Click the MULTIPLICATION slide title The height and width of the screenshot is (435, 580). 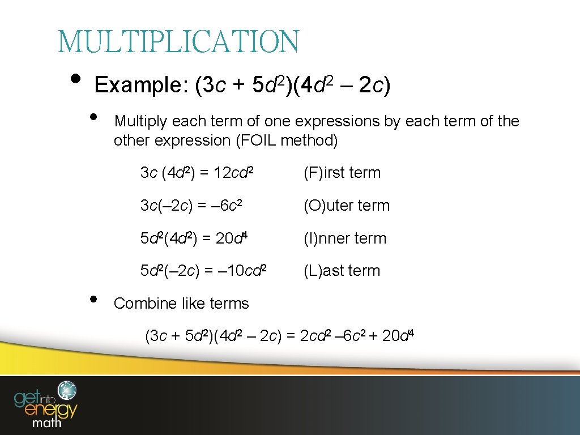pyautogui.click(x=178, y=42)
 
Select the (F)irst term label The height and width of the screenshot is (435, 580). pyautogui.click(x=342, y=173)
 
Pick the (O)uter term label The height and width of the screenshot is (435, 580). pyautogui.click(x=347, y=206)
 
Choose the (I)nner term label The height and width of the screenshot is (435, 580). pyautogui.click(x=345, y=238)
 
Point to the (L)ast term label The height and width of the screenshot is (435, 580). pyautogui.click(x=342, y=271)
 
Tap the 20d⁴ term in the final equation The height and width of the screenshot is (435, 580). pyautogui.click(x=399, y=336)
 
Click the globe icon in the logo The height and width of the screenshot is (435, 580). pyautogui.click(x=70, y=390)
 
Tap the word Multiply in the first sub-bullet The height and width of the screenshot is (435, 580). pyautogui.click(x=140, y=121)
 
